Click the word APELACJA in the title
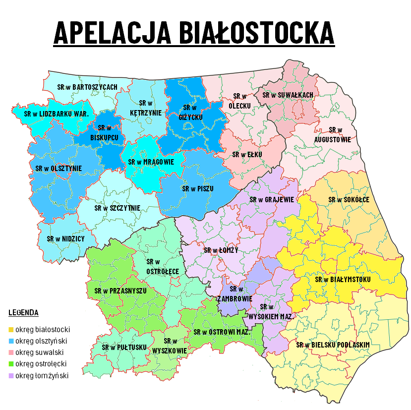112,33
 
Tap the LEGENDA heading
23,313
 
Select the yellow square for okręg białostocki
11,329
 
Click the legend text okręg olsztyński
41,341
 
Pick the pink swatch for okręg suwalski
11,352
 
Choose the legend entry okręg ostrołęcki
41,364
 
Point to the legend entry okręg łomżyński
41,375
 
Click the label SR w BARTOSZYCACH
87,87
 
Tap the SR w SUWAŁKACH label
288,95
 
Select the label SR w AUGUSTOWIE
333,134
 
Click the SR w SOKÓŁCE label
349,199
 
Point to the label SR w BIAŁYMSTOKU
343,280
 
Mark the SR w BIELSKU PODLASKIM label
333,345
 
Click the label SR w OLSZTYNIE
59,168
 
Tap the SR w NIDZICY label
66,238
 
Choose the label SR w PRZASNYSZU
120,291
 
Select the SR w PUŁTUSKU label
124,347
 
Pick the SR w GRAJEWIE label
272,199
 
